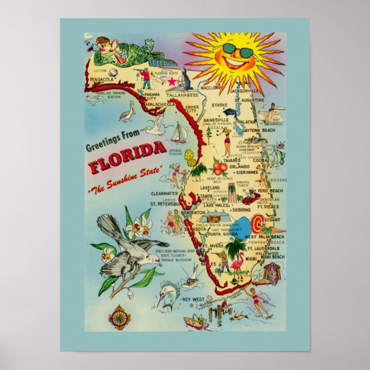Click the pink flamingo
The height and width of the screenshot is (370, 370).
[236, 268]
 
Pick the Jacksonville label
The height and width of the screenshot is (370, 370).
[244, 91]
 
